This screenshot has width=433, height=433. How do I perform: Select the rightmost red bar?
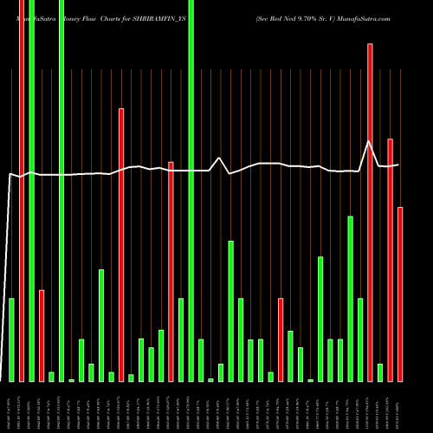coord(400,294)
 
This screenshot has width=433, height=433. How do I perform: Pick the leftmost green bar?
coord(11,339)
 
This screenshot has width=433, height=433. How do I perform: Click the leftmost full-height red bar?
coord(22,191)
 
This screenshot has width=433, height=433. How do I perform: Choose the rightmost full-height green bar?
coord(191,191)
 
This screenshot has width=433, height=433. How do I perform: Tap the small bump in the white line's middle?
coord(220,158)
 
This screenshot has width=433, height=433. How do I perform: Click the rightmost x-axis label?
coord(400,407)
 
